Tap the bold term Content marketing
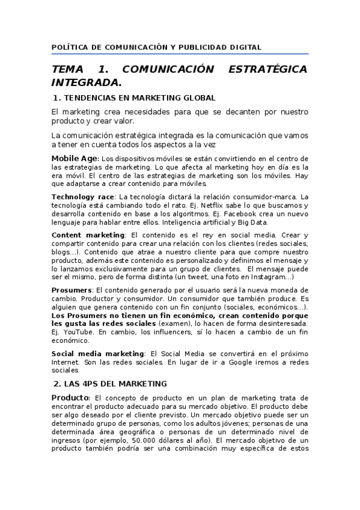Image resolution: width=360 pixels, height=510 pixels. pos(88,235)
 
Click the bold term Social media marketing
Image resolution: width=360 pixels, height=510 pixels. pos(98,354)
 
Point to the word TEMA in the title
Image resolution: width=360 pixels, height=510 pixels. pos(71,69)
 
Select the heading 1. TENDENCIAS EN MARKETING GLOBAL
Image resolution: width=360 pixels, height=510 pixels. pos(134,97)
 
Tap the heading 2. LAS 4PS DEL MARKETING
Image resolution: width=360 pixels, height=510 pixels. pos(110,383)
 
